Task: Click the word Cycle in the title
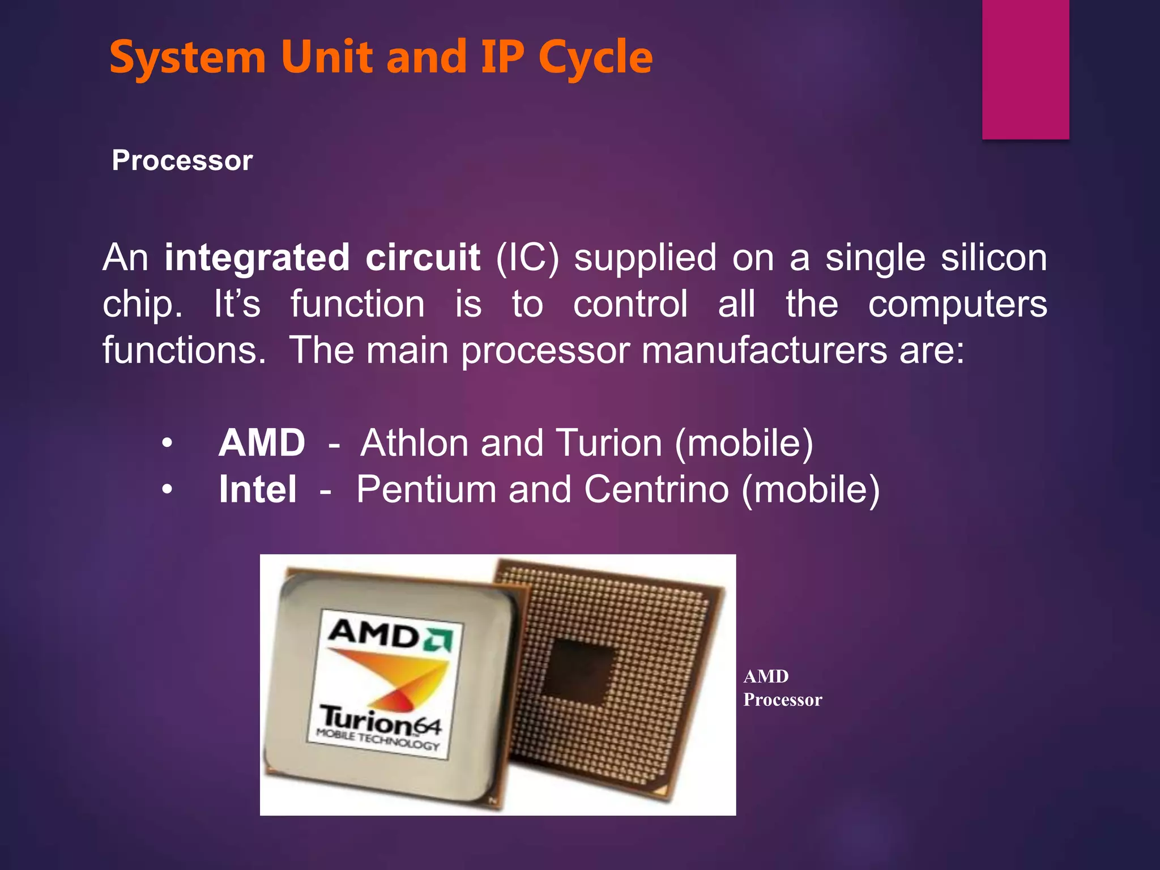595,58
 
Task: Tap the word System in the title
187,58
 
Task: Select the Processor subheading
182,160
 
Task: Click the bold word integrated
257,258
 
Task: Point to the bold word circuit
423,258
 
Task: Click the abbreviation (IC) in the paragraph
527,258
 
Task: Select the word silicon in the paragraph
993,258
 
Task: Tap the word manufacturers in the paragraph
765,351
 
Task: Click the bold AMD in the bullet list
262,443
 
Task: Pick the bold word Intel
258,489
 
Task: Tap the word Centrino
656,489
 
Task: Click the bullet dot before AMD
167,443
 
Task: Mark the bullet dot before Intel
167,489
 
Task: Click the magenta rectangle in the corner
1025,69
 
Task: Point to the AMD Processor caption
782,688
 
